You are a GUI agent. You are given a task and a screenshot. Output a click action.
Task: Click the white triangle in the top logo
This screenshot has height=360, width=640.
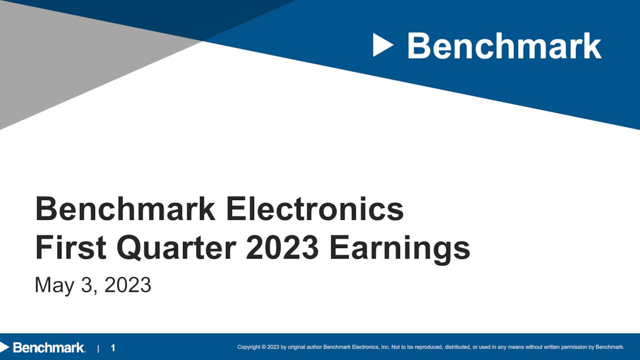pos(382,45)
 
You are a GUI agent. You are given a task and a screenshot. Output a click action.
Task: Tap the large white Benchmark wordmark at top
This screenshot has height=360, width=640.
pos(504,46)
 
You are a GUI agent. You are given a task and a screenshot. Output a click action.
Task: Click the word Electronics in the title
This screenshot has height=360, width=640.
pos(314,209)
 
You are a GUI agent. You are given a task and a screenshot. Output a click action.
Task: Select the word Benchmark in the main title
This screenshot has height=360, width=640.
pos(125,209)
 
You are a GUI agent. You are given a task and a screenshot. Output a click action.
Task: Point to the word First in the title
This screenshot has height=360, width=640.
pos(70,248)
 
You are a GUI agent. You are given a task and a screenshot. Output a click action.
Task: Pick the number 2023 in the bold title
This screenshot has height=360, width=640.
pos(282,248)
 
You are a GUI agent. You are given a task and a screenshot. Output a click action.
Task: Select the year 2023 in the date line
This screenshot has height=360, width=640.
pos(127,285)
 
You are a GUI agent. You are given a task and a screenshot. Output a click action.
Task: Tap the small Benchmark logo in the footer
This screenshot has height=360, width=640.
pos(44,347)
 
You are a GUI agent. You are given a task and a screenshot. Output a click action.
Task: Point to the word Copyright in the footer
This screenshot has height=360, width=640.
pos(249,347)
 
